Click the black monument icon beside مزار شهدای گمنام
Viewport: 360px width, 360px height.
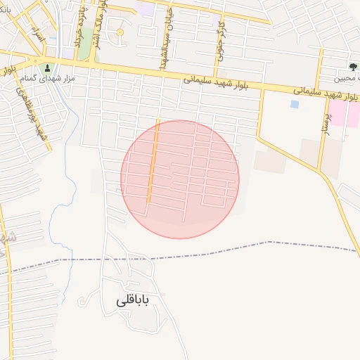tap(48, 68)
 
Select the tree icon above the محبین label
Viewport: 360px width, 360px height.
tap(352, 67)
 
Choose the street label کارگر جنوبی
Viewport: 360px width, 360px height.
tap(221, 42)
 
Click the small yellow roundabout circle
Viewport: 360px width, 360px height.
tap(120, 32)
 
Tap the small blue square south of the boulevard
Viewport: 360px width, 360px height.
tap(294, 104)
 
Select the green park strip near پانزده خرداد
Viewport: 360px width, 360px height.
tap(84, 46)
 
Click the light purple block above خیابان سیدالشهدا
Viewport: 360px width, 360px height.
tap(146, 9)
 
